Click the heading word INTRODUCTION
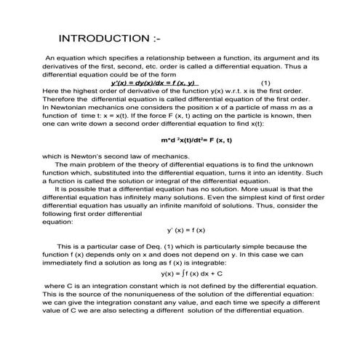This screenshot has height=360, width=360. click(x=98, y=38)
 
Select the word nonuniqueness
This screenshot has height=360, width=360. click(x=138, y=295)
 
